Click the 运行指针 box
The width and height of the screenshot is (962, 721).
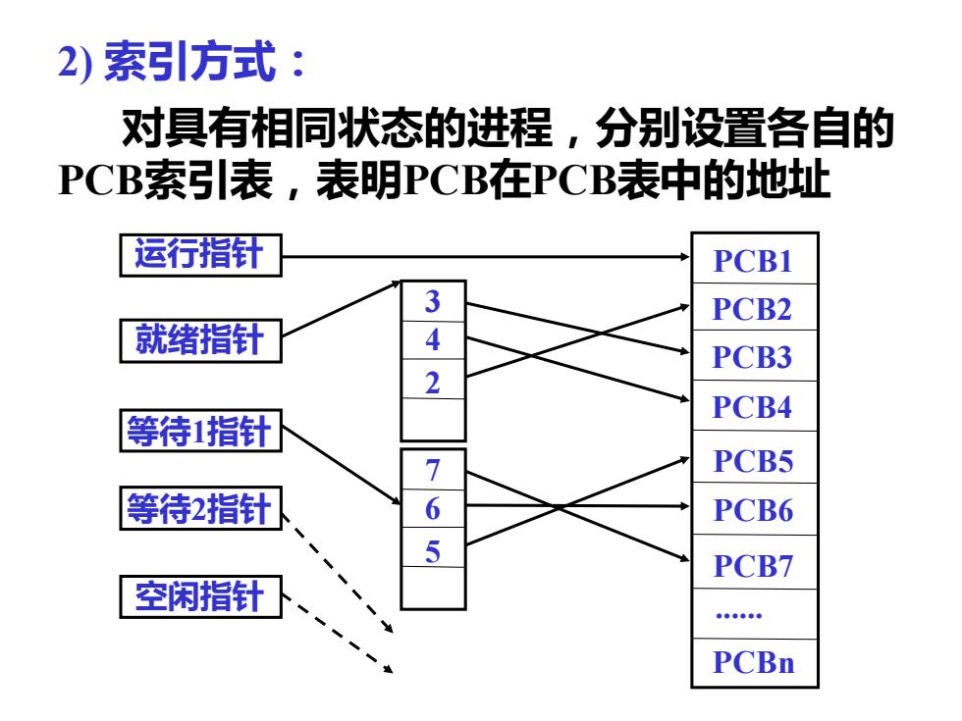200,255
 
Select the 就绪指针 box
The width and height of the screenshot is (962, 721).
200,340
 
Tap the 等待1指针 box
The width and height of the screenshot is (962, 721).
200,431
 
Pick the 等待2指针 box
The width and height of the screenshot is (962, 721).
200,508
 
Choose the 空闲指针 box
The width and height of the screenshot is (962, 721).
200,596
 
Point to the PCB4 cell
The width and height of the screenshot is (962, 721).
755,406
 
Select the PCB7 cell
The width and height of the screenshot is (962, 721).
755,562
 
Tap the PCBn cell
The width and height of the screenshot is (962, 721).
755,663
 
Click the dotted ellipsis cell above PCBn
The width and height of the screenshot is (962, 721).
755,614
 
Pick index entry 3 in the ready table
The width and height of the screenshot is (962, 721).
433,301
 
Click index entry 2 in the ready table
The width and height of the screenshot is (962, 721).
433,379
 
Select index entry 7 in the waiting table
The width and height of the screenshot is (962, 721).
433,470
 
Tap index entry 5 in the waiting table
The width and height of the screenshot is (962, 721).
433,547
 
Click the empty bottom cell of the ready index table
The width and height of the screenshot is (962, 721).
433,420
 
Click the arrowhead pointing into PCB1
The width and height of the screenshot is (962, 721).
685,256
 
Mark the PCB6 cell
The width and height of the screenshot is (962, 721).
755,509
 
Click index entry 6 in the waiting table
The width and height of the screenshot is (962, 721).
433,508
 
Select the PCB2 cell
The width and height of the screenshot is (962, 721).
755,307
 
